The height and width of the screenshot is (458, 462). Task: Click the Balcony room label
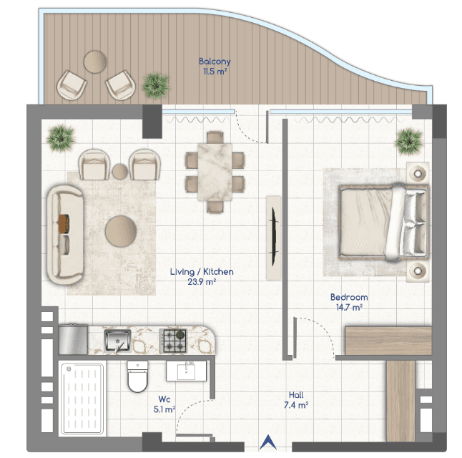[215, 62]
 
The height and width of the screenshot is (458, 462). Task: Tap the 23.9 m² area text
[202, 282]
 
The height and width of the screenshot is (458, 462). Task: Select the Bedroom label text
[349, 297]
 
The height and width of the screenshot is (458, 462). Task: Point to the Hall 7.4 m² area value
[296, 405]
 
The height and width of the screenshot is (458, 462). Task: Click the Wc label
[164, 399]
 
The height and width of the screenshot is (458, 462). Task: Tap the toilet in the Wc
[137, 376]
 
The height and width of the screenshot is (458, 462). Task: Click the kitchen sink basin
[117, 341]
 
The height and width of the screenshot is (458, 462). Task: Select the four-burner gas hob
[173, 341]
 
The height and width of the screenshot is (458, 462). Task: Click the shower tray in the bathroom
[82, 399]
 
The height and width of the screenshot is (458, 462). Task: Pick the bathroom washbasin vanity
[186, 371]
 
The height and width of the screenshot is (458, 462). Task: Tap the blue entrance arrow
[267, 442]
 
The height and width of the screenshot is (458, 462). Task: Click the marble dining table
[215, 172]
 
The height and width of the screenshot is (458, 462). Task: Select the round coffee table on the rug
[121, 231]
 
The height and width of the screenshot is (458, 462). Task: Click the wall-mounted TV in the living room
[274, 238]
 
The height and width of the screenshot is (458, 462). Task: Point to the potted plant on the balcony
[156, 86]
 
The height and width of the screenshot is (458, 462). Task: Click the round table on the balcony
[95, 62]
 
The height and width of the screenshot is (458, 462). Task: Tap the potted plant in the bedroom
[409, 142]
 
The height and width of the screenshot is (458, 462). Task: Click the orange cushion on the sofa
[64, 223]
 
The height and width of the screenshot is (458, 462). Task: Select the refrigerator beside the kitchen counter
[73, 339]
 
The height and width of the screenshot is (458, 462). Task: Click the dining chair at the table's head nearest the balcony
[215, 137]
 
